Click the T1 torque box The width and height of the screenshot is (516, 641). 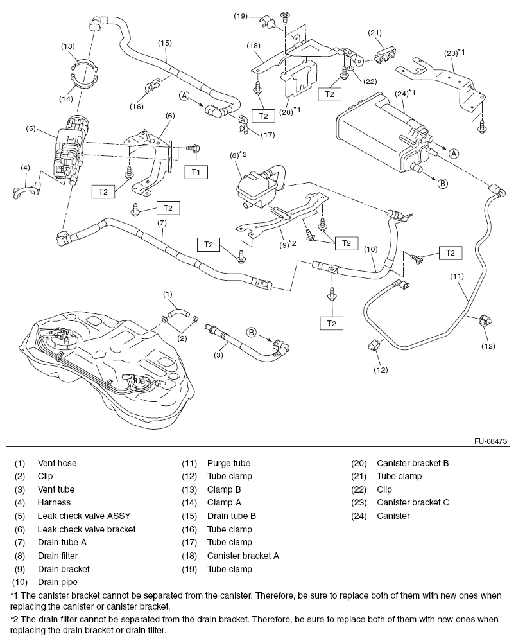tap(196, 171)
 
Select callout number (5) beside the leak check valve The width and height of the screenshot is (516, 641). tap(30, 128)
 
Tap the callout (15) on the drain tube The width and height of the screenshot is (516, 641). tap(164, 43)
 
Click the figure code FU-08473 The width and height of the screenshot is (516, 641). tap(491, 441)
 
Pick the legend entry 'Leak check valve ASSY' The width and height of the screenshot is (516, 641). tap(78, 516)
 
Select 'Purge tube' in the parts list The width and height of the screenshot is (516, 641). tap(228, 463)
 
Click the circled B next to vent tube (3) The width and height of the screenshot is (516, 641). tap(252, 332)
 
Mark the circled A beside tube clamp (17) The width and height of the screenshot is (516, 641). tap(184, 96)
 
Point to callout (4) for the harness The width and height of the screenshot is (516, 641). tap(25, 168)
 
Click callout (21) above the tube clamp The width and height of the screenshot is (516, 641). tap(375, 33)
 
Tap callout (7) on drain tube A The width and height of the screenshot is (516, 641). tap(162, 223)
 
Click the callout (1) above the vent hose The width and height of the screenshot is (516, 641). tap(168, 295)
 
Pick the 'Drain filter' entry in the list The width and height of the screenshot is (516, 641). tap(58, 556)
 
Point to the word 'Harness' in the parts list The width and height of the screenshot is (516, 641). tap(54, 502)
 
